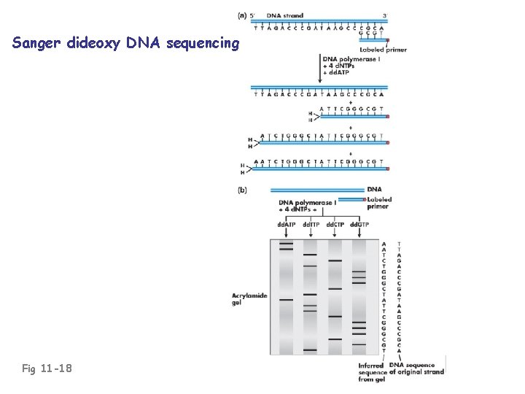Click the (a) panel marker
tap(242, 14)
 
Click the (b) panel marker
tap(244, 191)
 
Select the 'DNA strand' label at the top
tap(285, 15)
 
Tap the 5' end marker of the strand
tap(253, 15)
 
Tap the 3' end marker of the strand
tap(384, 15)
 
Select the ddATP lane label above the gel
tap(287, 223)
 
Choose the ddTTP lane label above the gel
tap(311, 223)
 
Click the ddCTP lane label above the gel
tap(335, 223)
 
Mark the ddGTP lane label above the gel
tap(359, 223)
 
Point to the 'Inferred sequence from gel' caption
tap(373, 372)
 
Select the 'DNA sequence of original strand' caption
tap(416, 368)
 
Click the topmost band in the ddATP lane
tap(286, 243)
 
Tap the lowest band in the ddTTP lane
tap(310, 351)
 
